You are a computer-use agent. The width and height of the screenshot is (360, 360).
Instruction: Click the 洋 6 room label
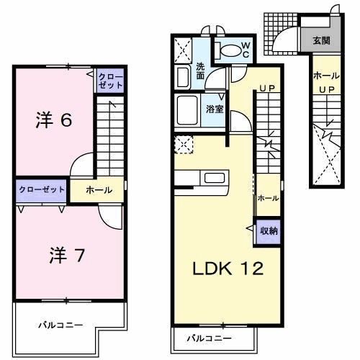tap(53, 120)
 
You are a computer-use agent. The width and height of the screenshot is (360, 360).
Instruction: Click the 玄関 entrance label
tap(321, 40)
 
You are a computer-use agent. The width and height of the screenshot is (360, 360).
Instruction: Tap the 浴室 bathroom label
tap(215, 109)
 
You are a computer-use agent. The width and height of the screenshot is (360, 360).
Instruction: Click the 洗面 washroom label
tap(200, 72)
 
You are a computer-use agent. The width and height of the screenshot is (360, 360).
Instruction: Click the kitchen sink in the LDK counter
tap(215, 178)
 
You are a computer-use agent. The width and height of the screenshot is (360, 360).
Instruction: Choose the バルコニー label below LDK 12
tap(210, 338)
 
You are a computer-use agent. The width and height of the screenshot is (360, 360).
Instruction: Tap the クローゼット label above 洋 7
tap(41, 189)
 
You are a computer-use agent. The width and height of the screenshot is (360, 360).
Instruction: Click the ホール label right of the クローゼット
tap(99, 190)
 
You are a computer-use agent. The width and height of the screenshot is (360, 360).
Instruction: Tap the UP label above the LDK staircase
tap(267, 89)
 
